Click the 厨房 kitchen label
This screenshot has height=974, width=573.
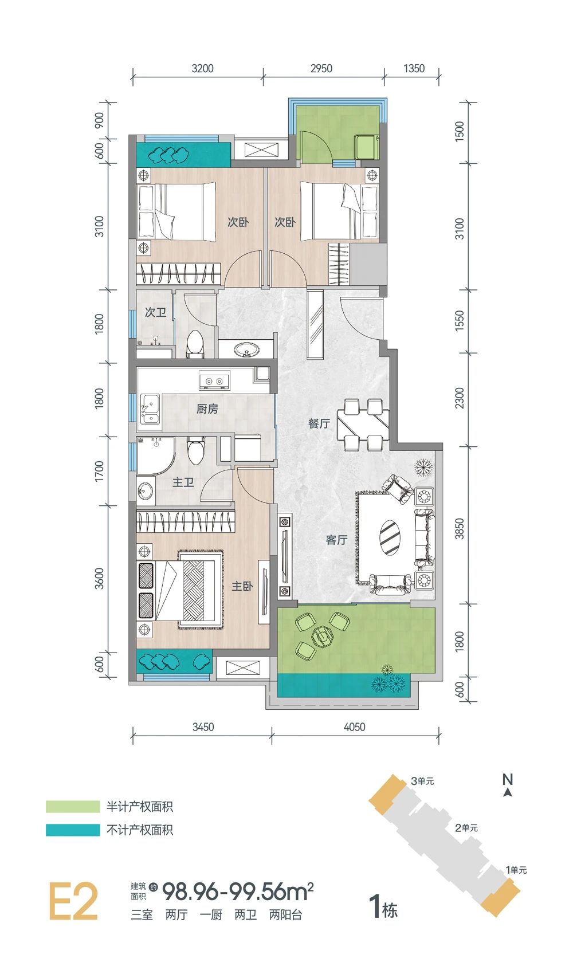pyautogui.click(x=207, y=409)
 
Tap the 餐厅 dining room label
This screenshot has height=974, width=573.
pyautogui.click(x=319, y=423)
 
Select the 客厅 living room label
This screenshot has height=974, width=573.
pyautogui.click(x=336, y=540)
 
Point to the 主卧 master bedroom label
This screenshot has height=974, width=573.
pyautogui.click(x=242, y=586)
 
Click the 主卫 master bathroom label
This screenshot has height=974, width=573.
pyautogui.click(x=183, y=482)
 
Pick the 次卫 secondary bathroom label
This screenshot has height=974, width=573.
pyautogui.click(x=156, y=312)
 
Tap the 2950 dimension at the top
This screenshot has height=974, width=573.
pyautogui.click(x=321, y=68)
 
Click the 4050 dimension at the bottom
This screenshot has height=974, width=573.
pyautogui.click(x=354, y=726)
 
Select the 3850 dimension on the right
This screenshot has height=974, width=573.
pyautogui.click(x=460, y=529)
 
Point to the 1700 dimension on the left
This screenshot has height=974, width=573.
pyautogui.click(x=100, y=471)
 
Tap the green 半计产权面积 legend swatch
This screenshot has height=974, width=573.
pyautogui.click(x=73, y=807)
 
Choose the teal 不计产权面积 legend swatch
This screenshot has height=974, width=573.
pyautogui.click(x=73, y=830)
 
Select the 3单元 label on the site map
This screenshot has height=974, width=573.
pyautogui.click(x=422, y=781)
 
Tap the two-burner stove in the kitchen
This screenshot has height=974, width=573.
pyautogui.click(x=214, y=380)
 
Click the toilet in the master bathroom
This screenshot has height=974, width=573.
pyautogui.click(x=195, y=450)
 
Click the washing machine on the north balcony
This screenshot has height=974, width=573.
pyautogui.click(x=367, y=147)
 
